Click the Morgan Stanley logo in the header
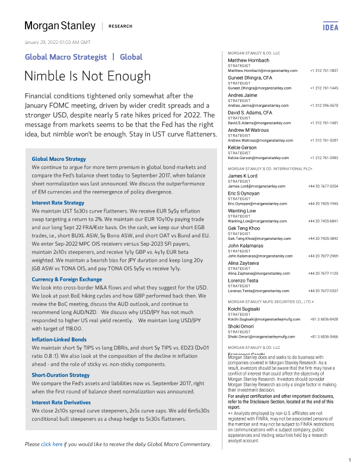click(x=59, y=26)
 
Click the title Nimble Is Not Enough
click(x=87, y=76)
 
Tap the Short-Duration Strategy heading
click(x=60, y=375)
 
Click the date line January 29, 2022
click(x=57, y=42)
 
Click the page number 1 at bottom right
click(x=349, y=460)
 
